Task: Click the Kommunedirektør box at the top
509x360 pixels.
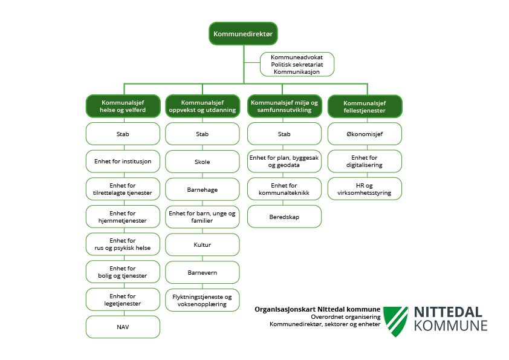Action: (244, 34)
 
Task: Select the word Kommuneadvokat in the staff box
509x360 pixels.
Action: (297, 57)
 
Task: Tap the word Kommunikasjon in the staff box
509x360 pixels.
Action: (297, 71)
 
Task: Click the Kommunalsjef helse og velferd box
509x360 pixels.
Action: (123, 106)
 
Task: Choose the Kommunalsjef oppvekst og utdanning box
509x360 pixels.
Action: (203, 106)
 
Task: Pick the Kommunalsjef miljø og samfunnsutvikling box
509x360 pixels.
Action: (284, 106)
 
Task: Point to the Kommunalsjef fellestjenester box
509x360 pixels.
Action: (365, 106)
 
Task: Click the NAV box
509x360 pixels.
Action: (123, 327)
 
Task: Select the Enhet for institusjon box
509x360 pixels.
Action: (123, 162)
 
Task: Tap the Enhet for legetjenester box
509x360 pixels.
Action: (123, 299)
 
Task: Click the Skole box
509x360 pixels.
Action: (203, 162)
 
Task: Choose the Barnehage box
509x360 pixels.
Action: (203, 189)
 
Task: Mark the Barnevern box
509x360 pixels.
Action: (203, 272)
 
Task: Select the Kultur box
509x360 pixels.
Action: (203, 245)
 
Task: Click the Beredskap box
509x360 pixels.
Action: (284, 216)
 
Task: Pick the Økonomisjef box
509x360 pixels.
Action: (365, 134)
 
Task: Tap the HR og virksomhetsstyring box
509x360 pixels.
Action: (365, 189)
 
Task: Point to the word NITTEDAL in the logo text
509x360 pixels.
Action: (448, 312)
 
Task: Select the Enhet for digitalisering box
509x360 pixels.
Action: (365, 161)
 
